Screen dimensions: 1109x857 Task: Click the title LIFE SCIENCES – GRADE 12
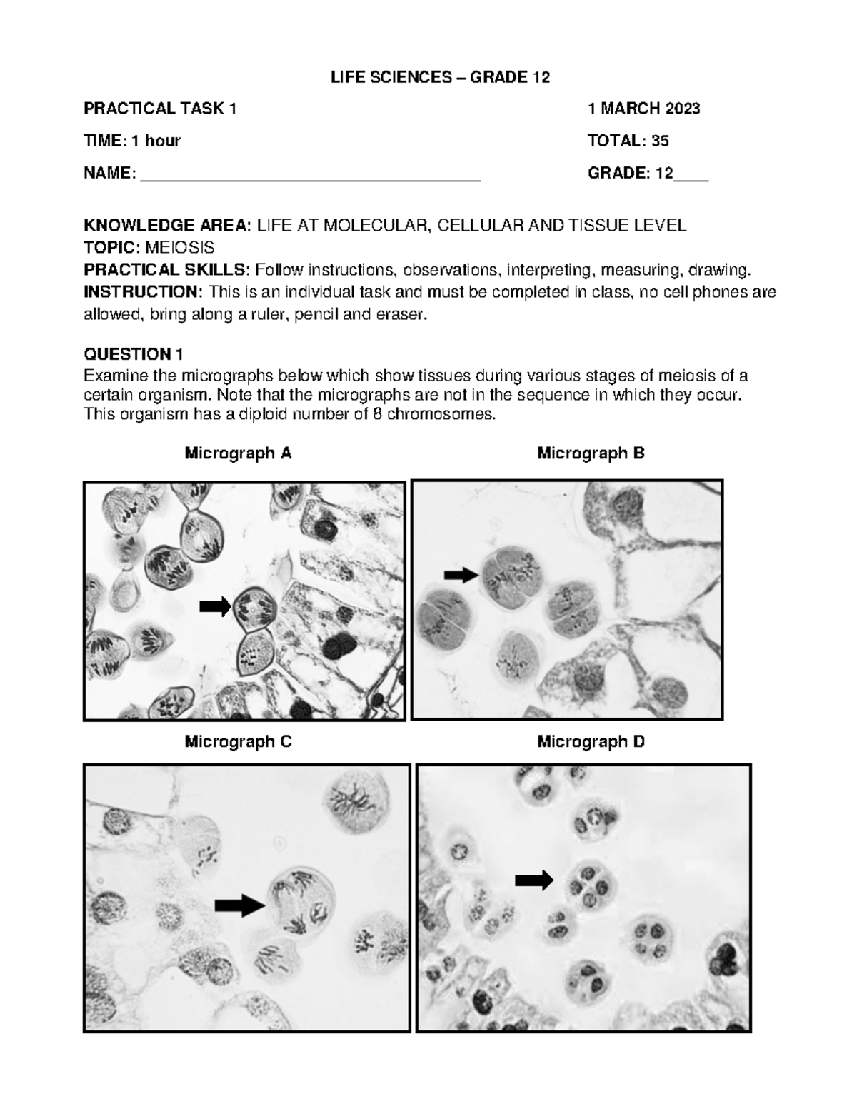point(440,77)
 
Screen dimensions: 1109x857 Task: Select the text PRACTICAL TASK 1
point(160,109)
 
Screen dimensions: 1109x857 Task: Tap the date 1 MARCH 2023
point(643,109)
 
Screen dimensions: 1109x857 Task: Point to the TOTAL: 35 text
point(628,141)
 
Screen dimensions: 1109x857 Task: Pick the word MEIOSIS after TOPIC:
point(179,248)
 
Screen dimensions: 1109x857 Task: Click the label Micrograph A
point(238,453)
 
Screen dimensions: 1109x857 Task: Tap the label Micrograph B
point(591,453)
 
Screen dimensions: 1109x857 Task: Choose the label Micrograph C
point(238,742)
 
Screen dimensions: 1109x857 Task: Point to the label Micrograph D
point(591,742)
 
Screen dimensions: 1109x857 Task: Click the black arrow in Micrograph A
point(214,607)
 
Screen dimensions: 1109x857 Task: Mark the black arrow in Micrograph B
point(461,574)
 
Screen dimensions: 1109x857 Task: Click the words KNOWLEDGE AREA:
point(167,226)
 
